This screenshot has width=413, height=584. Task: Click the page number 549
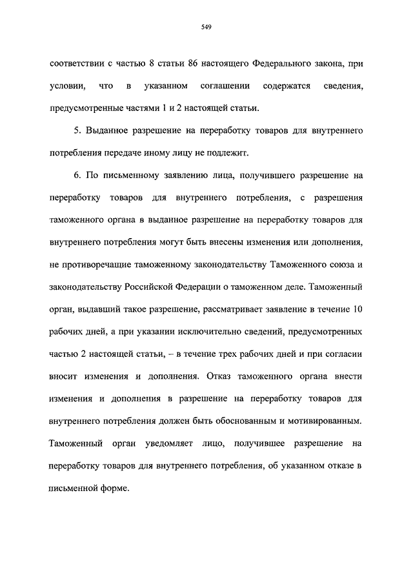[x=206, y=26]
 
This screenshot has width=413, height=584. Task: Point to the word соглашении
[x=227, y=86]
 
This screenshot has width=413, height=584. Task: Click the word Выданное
[x=105, y=131]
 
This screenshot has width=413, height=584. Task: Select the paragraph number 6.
[x=76, y=176]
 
